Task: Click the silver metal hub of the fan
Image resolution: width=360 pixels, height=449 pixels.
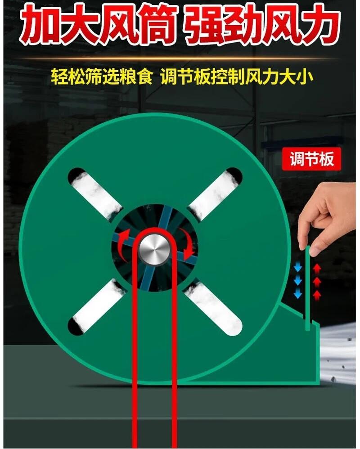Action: click(x=155, y=248)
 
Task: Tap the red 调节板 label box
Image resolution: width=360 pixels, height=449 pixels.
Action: click(x=311, y=159)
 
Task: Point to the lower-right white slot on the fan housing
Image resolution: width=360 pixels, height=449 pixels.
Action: click(x=213, y=308)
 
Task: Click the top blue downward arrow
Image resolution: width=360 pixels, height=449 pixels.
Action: click(x=298, y=268)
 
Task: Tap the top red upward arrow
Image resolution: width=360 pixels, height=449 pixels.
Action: click(x=316, y=269)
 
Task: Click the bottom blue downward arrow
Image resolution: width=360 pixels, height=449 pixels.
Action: click(x=298, y=293)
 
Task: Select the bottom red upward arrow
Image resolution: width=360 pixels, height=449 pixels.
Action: click(x=316, y=295)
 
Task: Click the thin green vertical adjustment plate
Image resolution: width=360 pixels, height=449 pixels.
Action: click(x=307, y=288)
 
